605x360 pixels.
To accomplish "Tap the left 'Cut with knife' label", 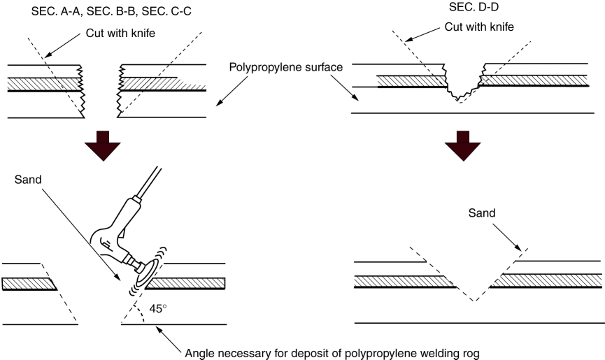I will click(x=120, y=32).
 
